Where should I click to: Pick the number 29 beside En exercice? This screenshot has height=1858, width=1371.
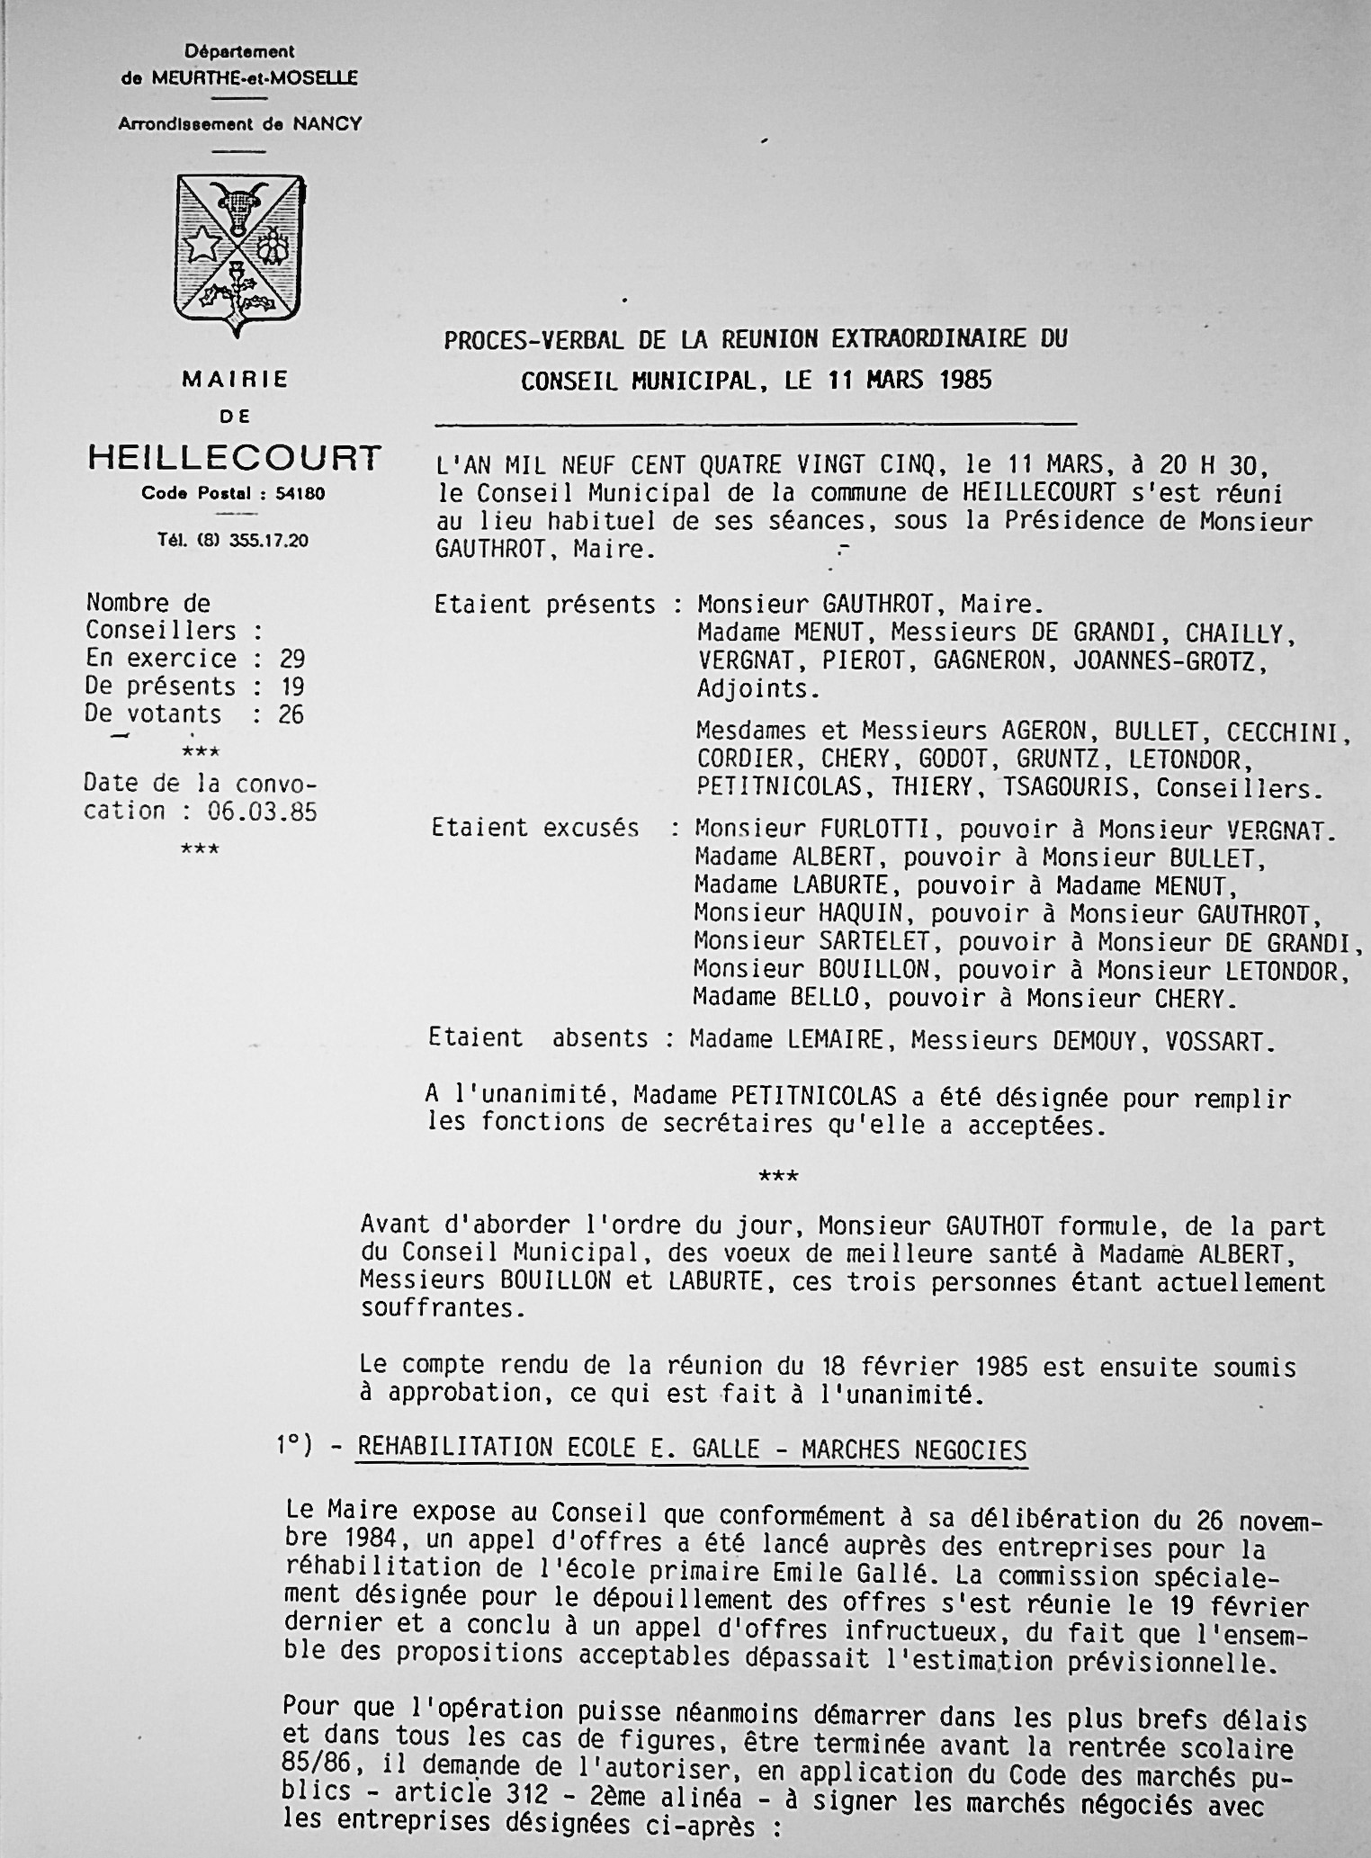coord(291,659)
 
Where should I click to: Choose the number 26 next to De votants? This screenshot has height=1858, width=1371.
coord(291,714)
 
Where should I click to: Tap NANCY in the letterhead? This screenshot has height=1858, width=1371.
coord(327,124)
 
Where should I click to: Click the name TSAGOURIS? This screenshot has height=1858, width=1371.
coord(1065,787)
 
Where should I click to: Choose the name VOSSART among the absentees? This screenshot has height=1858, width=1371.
coord(1220,1041)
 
